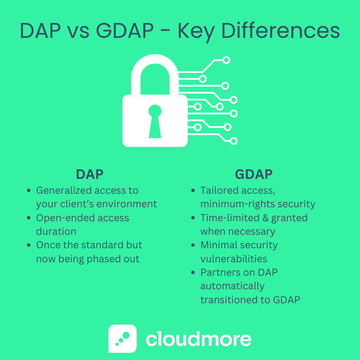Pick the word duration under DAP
tap(56, 232)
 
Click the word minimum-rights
tap(239, 204)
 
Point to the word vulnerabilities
tap(233, 259)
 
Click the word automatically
tap(232, 286)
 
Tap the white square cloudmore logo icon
tap(123, 338)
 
